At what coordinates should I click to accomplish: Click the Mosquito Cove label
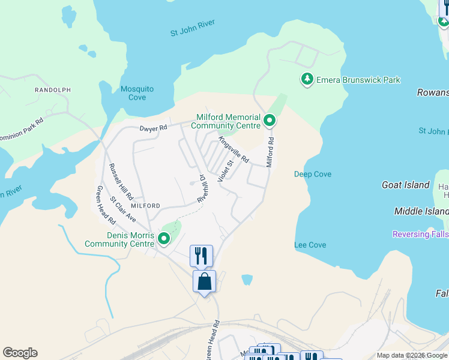coord(137,93)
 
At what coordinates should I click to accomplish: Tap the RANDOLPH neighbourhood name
coord(53,90)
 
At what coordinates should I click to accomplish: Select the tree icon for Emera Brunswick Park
coord(307,80)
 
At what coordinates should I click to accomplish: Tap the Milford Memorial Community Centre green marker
coord(270,121)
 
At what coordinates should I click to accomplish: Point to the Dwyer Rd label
coord(152,128)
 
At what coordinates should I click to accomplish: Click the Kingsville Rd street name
coord(234,150)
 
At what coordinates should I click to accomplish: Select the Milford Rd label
coord(271,152)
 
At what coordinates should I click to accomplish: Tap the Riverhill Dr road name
coord(202,188)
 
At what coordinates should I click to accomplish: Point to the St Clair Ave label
coord(123,208)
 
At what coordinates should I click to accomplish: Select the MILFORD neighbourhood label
coord(144,205)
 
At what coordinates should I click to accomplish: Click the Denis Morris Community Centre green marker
coord(164,240)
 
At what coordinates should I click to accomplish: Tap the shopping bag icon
coord(204,281)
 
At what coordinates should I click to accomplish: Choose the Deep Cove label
coord(313,175)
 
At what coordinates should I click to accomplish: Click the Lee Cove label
coord(310,245)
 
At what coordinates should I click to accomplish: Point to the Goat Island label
coord(406,185)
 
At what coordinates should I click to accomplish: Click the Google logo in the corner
coord(20,353)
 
